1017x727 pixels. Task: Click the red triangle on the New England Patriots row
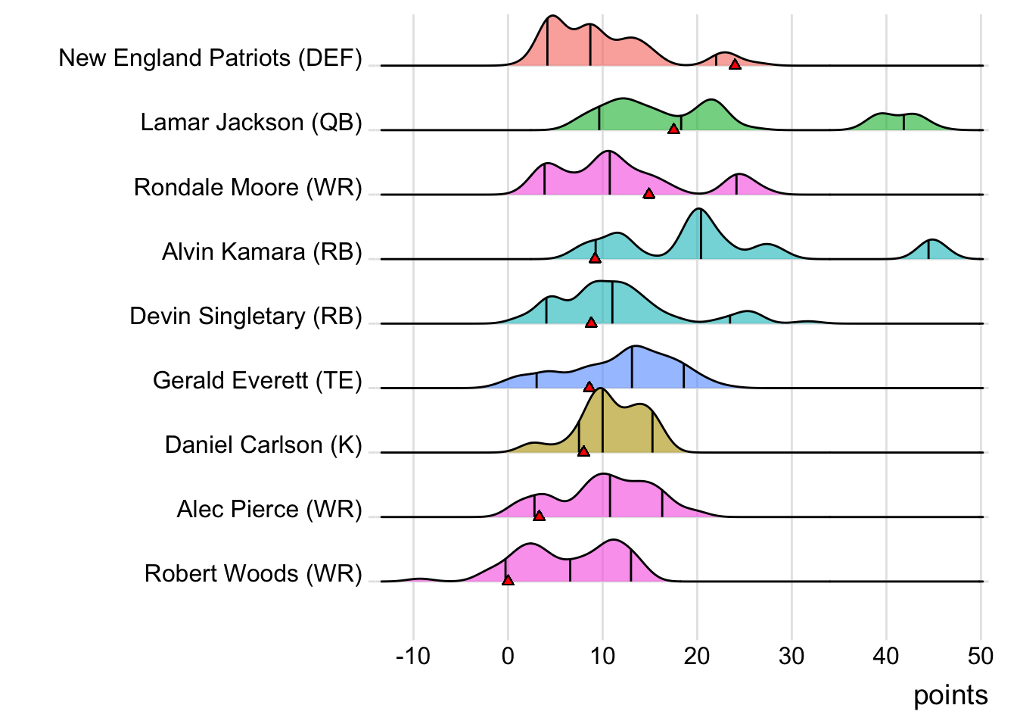tap(735, 64)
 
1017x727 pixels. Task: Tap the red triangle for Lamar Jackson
tap(673, 129)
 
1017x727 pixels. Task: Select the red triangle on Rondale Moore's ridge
tap(648, 193)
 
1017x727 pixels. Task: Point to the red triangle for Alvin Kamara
tap(595, 257)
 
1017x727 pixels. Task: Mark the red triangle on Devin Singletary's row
tap(591, 322)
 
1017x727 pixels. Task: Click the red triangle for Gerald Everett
tap(589, 386)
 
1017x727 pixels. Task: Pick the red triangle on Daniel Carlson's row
tap(583, 451)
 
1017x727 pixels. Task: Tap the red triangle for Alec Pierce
tap(539, 515)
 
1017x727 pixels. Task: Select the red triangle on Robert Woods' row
tap(508, 579)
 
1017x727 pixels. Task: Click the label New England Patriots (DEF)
tap(210, 58)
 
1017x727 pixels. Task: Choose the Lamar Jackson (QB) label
tap(251, 122)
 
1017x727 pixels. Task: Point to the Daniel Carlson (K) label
tap(263, 445)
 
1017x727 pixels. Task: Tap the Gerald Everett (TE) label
tap(257, 380)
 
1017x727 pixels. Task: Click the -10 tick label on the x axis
tap(412, 656)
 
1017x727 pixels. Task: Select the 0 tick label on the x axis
tap(508, 656)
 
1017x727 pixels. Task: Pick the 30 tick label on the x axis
tap(792, 656)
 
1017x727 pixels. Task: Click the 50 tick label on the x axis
tap(981, 656)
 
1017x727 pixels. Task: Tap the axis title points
tap(950, 695)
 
